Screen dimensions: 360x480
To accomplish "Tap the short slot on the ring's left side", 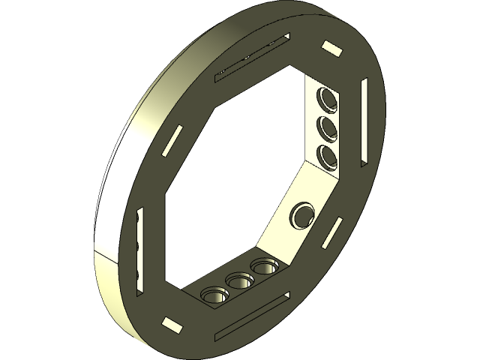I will coord(172,137).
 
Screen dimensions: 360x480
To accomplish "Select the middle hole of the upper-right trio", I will coord(327,126).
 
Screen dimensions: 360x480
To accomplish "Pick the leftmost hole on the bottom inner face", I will coord(214,295).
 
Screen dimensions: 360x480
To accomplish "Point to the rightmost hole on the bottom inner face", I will coord(263,266).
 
